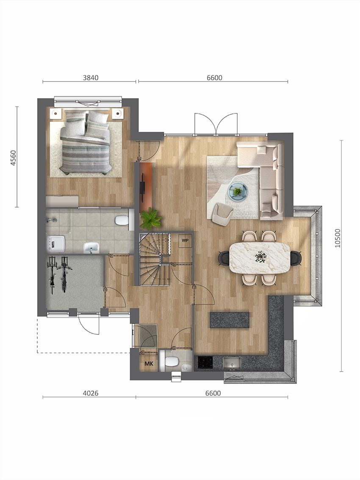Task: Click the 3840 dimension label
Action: (x=91, y=77)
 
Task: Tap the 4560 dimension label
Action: (x=13, y=157)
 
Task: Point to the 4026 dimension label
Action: (x=91, y=393)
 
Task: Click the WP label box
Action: (x=185, y=240)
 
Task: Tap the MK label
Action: (x=149, y=363)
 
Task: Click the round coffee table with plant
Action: (x=238, y=191)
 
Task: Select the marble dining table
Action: (x=260, y=257)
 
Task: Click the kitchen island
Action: (x=230, y=320)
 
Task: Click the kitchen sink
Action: (x=231, y=363)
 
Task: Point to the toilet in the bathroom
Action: (x=122, y=220)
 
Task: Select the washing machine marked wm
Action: (x=55, y=244)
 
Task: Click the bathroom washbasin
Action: (x=91, y=247)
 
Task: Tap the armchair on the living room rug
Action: (x=222, y=213)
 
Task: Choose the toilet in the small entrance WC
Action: (x=172, y=361)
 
